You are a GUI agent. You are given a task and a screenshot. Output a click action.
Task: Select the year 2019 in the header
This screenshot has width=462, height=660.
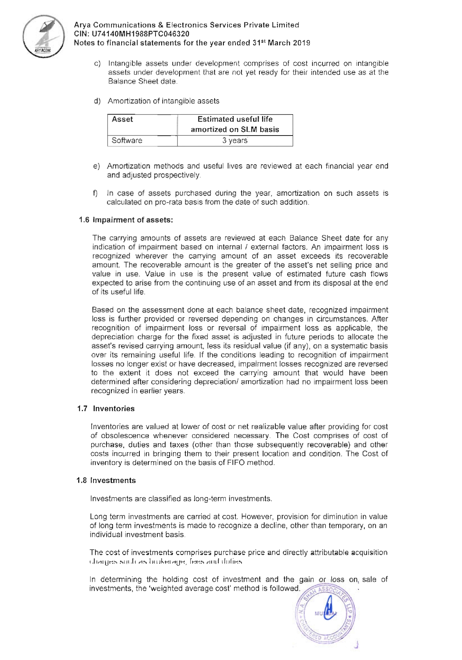coord(301,43)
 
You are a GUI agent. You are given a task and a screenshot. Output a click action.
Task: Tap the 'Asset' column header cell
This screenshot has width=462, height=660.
coord(122,119)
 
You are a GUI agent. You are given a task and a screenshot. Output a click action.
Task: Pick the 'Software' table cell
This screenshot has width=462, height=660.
coord(127,140)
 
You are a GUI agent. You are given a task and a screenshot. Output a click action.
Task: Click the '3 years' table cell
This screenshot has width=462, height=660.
coord(235,140)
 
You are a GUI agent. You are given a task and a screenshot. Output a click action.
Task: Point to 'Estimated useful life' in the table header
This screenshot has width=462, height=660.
coord(235,119)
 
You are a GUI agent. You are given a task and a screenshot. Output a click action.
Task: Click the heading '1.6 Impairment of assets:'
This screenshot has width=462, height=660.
coord(126,220)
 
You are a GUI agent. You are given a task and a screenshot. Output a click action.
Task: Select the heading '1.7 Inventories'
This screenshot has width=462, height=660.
coord(106,408)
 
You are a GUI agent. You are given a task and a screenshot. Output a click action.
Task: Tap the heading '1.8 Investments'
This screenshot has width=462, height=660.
coord(106,480)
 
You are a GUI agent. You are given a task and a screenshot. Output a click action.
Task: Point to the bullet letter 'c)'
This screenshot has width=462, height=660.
coord(97,64)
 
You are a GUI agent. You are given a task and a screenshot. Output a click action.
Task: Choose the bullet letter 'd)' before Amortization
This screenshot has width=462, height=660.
coord(97,101)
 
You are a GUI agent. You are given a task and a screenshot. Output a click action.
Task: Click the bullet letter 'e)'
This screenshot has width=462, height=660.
coord(96,166)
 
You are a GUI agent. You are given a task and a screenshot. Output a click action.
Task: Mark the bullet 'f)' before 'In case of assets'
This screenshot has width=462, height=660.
coord(96,193)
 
